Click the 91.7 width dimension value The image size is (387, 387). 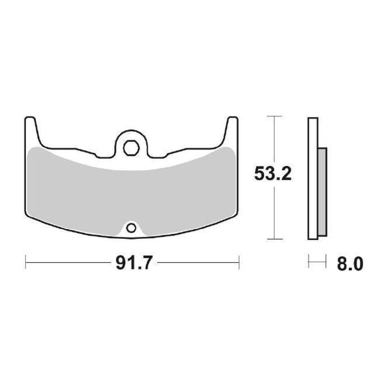point(132,264)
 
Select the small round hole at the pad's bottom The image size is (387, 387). point(131,227)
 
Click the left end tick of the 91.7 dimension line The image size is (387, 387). point(26,263)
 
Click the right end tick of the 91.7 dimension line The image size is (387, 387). point(239,263)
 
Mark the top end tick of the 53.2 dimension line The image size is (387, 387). point(274,117)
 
